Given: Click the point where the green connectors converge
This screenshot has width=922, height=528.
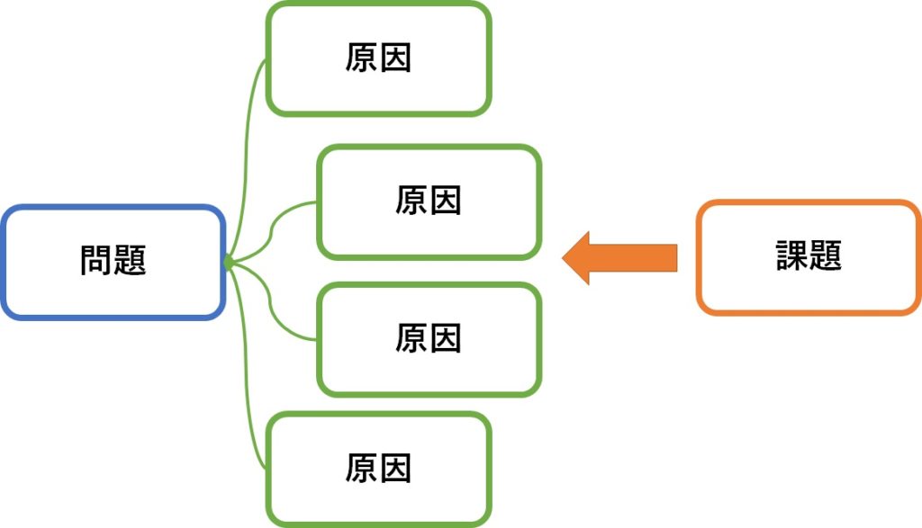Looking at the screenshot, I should (228, 262).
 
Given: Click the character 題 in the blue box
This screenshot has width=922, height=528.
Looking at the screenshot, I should (130, 261).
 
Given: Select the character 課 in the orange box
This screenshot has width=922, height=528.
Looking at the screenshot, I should (792, 256).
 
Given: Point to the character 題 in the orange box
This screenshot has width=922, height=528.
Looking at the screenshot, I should (826, 256).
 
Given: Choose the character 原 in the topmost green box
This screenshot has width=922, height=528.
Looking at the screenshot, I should (361, 58).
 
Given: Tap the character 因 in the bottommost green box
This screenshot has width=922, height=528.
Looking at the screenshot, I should (395, 468).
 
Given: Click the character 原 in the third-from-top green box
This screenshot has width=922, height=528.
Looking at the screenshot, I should (411, 338).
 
